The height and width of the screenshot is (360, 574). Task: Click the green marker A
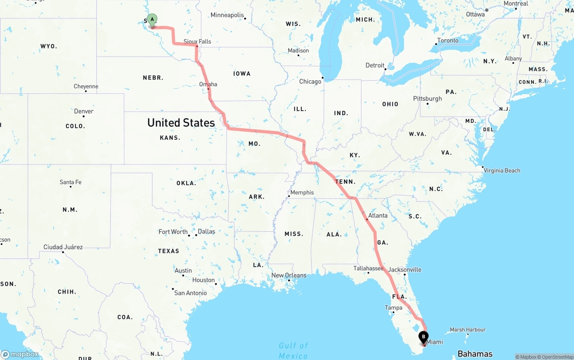[x=152, y=20]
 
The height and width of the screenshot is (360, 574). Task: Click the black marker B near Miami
[x=423, y=337]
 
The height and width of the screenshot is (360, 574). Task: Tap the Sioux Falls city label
[x=197, y=42]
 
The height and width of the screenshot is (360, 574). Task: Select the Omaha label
[x=208, y=84]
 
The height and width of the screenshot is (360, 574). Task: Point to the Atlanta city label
[x=378, y=216]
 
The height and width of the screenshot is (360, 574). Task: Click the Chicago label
[x=310, y=82]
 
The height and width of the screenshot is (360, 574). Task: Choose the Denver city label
[x=84, y=111]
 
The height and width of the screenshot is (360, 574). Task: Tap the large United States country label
[x=181, y=122]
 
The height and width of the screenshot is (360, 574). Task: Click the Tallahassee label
[x=368, y=268]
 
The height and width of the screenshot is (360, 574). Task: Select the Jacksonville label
[x=405, y=269]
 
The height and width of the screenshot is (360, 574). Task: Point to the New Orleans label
[x=289, y=275]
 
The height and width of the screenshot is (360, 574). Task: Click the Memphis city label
[x=302, y=192]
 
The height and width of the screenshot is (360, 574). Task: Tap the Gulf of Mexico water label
[x=293, y=350]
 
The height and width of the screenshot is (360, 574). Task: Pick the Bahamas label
[x=475, y=354]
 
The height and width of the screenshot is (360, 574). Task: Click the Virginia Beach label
[x=502, y=170]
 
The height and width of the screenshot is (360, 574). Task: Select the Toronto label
[x=448, y=40]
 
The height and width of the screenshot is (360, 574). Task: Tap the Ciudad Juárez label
[x=63, y=247]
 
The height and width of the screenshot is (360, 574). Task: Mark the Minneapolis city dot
[x=245, y=18]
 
